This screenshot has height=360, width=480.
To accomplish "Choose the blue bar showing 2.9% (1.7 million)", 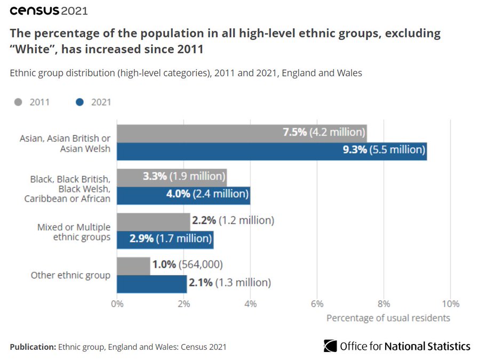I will (x=165, y=239).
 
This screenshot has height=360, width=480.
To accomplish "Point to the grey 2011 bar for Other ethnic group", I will (x=134, y=266).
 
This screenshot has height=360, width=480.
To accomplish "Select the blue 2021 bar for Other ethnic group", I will (x=152, y=283).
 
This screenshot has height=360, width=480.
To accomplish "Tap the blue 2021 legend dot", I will (x=80, y=102).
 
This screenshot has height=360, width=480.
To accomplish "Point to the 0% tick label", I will (x=117, y=304).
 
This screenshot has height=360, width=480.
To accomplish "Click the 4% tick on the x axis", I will (x=250, y=304).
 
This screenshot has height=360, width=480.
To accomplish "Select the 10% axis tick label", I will (x=450, y=304).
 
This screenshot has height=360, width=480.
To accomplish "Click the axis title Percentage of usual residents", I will (x=388, y=318).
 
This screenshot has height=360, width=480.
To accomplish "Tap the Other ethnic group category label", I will (x=70, y=276).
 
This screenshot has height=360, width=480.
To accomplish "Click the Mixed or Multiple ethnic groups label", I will (x=74, y=232).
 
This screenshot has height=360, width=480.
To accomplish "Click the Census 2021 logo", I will (x=49, y=10).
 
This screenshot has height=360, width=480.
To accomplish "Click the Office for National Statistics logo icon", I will (x=330, y=346).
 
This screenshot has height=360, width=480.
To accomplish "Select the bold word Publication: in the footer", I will (x=33, y=347).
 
